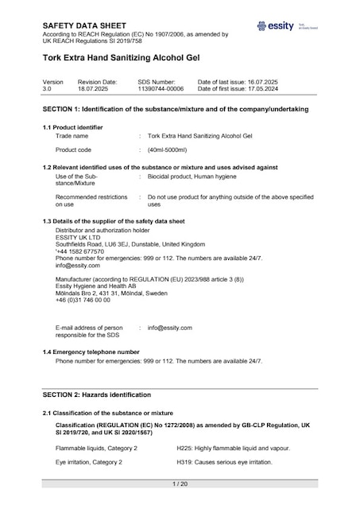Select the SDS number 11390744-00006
(x=161, y=89)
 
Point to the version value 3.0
(x=47, y=89)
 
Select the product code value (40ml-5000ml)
(x=167, y=150)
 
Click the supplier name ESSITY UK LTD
(x=78, y=237)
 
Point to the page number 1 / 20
(x=180, y=484)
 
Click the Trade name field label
(x=72, y=136)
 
